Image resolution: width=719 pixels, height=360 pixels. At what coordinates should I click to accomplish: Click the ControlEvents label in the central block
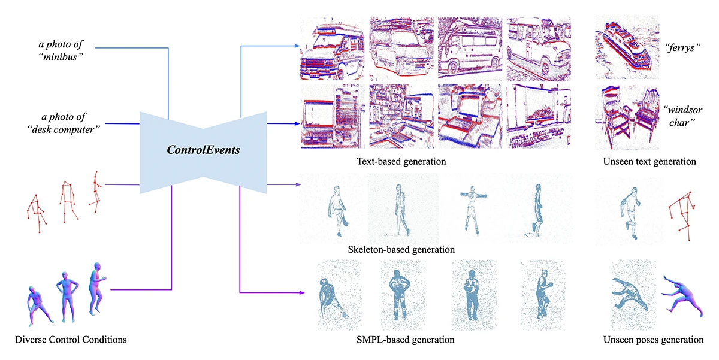[204, 149]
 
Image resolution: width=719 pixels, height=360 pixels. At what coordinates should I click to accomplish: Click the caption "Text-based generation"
[401, 161]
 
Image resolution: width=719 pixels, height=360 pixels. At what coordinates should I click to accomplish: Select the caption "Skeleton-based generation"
[401, 249]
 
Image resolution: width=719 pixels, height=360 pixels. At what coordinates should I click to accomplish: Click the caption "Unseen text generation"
[649, 161]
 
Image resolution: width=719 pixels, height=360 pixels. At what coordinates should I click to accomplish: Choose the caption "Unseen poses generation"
[654, 340]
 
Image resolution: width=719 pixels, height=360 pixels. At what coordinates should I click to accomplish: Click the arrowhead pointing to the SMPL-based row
[298, 292]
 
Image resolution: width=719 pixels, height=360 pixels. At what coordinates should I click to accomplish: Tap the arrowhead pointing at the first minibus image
[298, 46]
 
